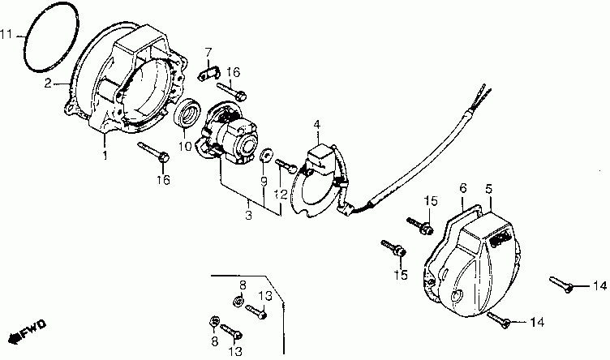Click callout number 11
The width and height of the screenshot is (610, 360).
pyautogui.click(x=7, y=35)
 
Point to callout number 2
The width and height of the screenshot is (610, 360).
pyautogui.click(x=48, y=83)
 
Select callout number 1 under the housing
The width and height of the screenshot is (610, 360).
pyautogui.click(x=105, y=154)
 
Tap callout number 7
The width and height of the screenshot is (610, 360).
pyautogui.click(x=208, y=53)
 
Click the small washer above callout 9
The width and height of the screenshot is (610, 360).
pyautogui.click(x=266, y=153)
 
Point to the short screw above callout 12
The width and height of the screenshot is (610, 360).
pyautogui.click(x=287, y=165)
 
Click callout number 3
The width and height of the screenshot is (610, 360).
pyautogui.click(x=249, y=215)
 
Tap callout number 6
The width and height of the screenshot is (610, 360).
pyautogui.click(x=463, y=188)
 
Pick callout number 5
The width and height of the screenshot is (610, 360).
pyautogui.click(x=489, y=188)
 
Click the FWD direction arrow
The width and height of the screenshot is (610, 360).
pyautogui.click(x=27, y=332)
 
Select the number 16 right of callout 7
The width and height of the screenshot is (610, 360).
pyautogui.click(x=234, y=73)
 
